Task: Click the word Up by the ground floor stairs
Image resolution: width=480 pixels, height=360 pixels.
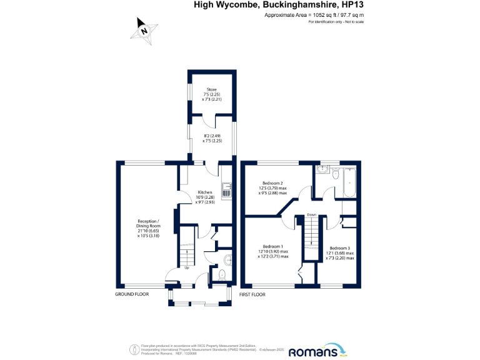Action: point(186,268)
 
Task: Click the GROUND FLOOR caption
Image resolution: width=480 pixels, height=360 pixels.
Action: point(132,294)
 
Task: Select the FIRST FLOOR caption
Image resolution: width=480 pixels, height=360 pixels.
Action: point(251,294)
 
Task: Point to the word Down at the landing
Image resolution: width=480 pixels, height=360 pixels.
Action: point(311,216)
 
